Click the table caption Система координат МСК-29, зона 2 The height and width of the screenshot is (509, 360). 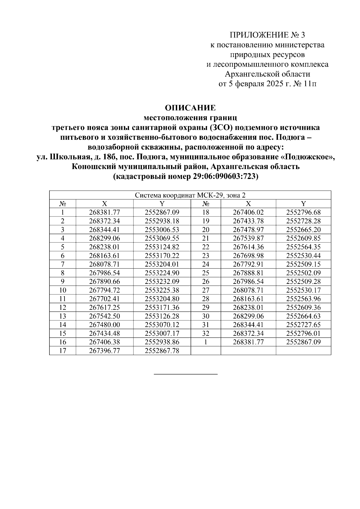click(190, 195)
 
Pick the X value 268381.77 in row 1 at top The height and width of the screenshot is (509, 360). click(104, 213)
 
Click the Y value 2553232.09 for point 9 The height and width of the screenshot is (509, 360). click(162, 281)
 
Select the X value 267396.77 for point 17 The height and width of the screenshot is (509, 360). click(104, 351)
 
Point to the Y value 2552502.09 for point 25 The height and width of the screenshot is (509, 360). click(303, 273)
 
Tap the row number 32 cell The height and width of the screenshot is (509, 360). click(205, 333)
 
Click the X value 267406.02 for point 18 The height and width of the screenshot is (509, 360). click(248, 213)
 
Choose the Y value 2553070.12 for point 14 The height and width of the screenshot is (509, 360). click(162, 325)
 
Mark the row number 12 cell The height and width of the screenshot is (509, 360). click(62, 308)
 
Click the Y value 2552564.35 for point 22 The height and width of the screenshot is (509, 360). click(303, 247)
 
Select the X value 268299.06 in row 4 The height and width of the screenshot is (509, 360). click(104, 238)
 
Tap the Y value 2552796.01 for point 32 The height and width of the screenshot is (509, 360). click(303, 333)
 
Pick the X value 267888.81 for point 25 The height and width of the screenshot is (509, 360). click(248, 273)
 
